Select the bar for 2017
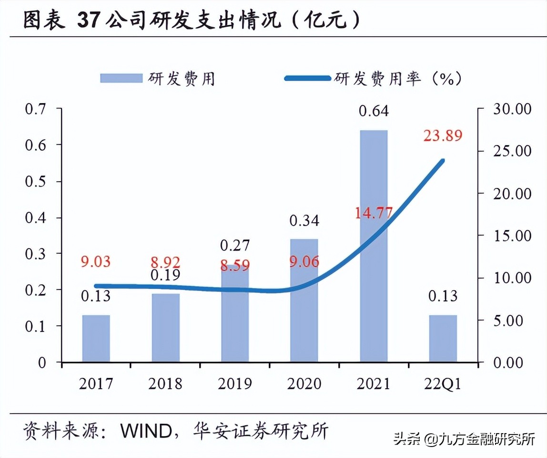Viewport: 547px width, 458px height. click(x=96, y=338)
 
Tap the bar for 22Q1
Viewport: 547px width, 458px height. click(x=443, y=338)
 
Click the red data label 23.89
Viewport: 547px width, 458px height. click(x=443, y=136)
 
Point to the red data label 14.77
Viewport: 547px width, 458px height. click(x=374, y=212)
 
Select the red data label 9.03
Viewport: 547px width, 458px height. click(x=96, y=262)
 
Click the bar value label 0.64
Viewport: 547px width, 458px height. click(x=374, y=111)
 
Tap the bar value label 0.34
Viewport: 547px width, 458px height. click(x=304, y=220)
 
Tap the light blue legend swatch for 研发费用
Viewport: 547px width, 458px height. click(x=121, y=78)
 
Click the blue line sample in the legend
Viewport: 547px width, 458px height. click(x=307, y=78)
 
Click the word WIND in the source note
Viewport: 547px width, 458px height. click(x=145, y=431)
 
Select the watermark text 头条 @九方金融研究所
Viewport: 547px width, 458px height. click(x=465, y=438)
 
